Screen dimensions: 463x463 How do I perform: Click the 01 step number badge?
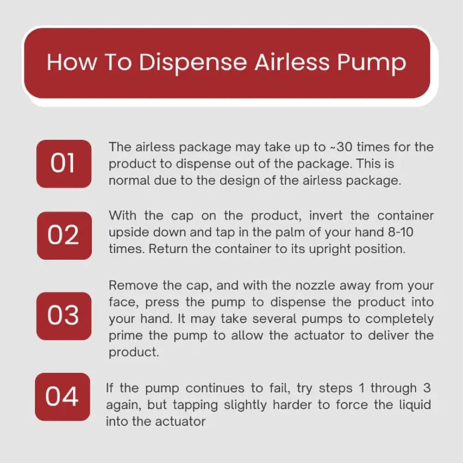[x=64, y=164]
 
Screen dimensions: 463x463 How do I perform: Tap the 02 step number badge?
[x=64, y=236]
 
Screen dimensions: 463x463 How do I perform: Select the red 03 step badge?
[x=64, y=316]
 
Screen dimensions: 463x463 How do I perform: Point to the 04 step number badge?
[x=63, y=397]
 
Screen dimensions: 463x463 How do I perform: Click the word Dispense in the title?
[x=193, y=63]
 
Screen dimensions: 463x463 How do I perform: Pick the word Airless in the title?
[x=292, y=63]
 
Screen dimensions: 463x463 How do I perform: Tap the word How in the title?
[x=72, y=63]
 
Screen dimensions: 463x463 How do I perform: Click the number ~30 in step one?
[x=341, y=147]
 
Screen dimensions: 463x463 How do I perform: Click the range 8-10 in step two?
[x=400, y=232]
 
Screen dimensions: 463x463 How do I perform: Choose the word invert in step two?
[x=326, y=216]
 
